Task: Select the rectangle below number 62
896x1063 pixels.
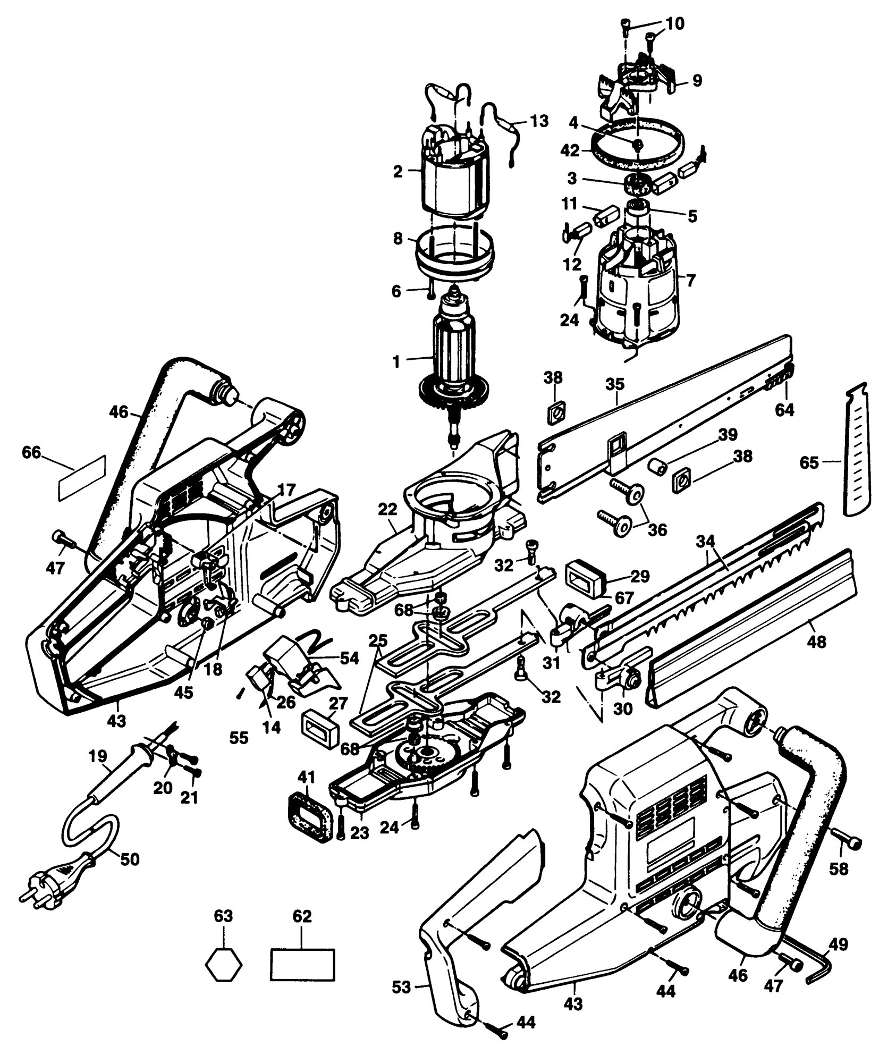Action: coord(302,964)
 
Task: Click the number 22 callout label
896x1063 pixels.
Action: coord(388,509)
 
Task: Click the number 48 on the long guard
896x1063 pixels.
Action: coord(816,643)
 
